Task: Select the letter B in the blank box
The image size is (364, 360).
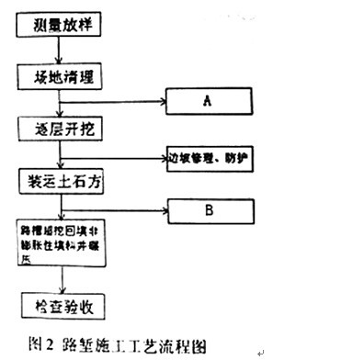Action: [x=209, y=210]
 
